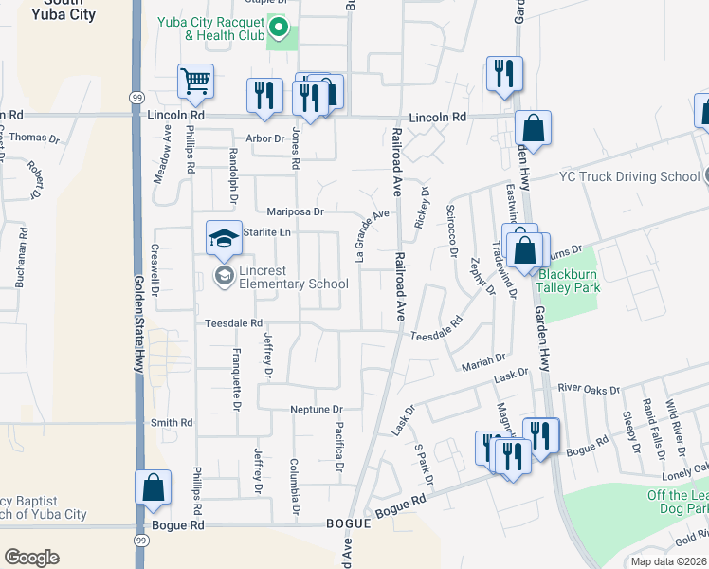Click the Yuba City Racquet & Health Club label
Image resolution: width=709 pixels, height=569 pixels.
(217, 29)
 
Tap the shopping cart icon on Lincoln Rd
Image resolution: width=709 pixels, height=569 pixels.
(195, 82)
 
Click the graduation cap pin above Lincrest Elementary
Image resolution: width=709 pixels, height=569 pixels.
(223, 237)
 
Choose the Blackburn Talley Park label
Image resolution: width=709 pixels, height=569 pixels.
(570, 281)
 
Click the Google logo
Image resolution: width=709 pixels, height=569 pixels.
(31, 558)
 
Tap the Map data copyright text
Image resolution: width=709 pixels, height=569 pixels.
(668, 561)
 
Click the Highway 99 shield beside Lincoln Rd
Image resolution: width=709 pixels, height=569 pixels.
(136, 98)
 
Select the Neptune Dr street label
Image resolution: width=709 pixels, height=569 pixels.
(316, 409)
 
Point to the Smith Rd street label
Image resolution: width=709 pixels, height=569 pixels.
(172, 422)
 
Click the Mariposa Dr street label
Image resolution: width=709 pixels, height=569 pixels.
(295, 211)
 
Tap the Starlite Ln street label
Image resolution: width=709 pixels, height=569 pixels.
(266, 231)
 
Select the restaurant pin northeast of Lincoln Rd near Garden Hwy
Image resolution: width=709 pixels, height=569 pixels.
(502, 73)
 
